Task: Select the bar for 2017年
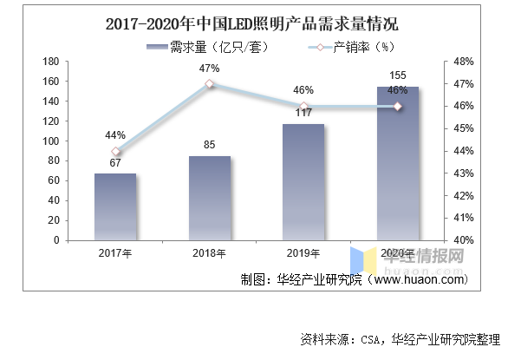pos(115,206)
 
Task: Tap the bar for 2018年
pos(210,198)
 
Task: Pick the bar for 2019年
pos(303,182)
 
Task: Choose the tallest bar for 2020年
pos(398,163)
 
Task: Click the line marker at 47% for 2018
pos(210,84)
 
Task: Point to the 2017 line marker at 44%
pos(116,152)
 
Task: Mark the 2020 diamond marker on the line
pos(398,106)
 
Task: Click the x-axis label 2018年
pos(210,253)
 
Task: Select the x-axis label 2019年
pos(303,253)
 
